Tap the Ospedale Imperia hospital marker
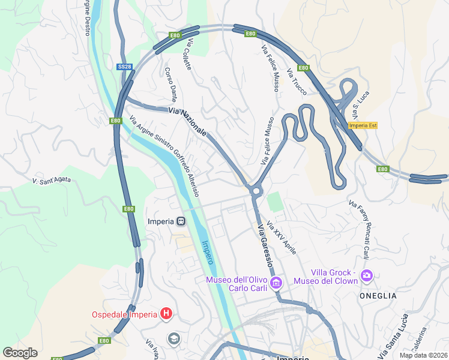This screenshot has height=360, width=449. click(167, 314)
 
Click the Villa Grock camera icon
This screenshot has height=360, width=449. click(367, 276)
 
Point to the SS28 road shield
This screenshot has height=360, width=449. click(124, 67)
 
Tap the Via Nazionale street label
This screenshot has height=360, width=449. click(188, 122)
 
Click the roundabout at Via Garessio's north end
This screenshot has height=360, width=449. click(256, 191)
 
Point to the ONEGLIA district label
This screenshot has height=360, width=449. click(378, 296)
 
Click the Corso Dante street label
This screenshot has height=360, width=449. click(170, 85)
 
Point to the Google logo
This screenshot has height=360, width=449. click(20, 353)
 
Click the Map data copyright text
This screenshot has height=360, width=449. click(423, 355)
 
